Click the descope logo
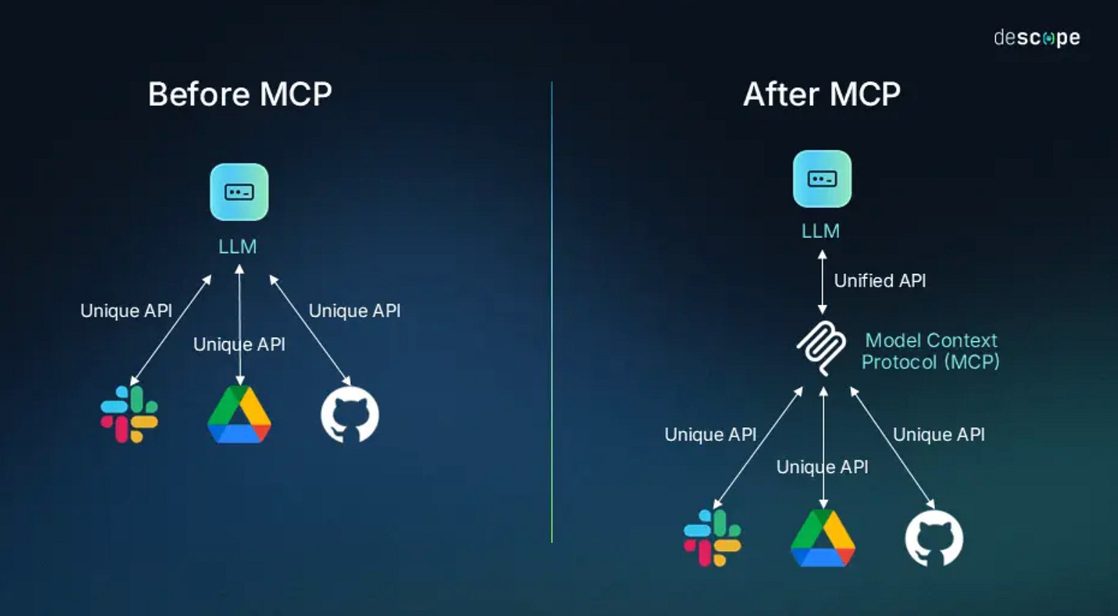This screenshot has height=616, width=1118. (x=1037, y=38)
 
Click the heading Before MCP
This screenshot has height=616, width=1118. (x=240, y=94)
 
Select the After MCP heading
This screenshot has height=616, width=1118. (x=822, y=94)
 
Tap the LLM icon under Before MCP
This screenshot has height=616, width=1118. (x=240, y=192)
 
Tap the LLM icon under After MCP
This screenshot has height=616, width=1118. (x=822, y=179)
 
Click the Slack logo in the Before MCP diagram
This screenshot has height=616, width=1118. (x=129, y=414)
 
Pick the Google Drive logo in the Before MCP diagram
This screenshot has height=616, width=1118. (x=240, y=415)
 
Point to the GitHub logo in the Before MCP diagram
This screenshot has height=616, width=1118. (x=349, y=415)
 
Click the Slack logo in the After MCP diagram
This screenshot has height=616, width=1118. (x=713, y=538)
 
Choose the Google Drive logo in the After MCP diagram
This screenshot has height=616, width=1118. (x=822, y=538)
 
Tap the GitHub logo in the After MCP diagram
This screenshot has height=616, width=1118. (x=934, y=538)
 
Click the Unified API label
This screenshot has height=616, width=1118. (x=880, y=281)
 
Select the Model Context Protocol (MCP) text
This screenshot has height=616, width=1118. (x=931, y=351)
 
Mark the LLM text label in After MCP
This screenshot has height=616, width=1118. (x=822, y=231)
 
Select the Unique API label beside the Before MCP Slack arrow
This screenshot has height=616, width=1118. (x=126, y=311)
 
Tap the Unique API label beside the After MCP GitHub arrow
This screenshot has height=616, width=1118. (x=938, y=435)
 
